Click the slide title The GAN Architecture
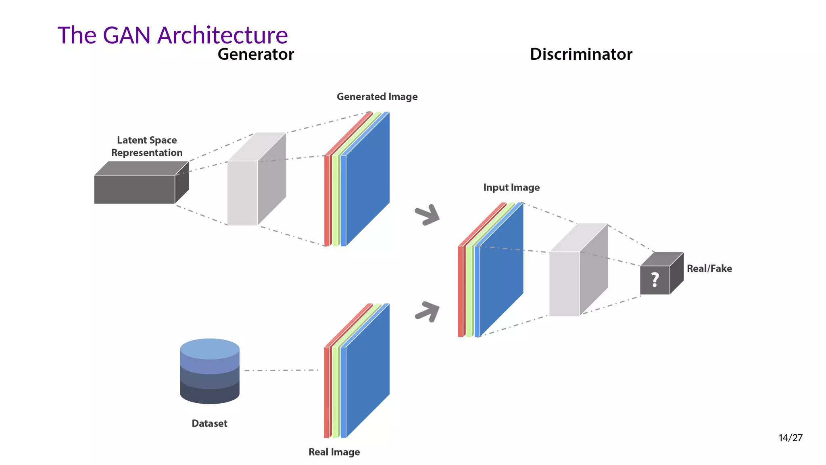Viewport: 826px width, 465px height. (173, 35)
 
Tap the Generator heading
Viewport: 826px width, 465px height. (256, 54)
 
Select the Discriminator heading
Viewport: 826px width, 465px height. (581, 54)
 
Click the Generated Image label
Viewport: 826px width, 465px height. (377, 97)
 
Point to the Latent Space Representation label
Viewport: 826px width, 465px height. (147, 147)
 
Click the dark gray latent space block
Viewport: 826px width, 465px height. (134, 189)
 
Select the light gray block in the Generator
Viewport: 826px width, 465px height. (242, 193)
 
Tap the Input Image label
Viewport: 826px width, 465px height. (511, 188)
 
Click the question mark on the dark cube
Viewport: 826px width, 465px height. (655, 280)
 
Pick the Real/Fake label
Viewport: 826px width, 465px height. (709, 269)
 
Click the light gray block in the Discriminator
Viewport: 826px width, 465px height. (564, 283)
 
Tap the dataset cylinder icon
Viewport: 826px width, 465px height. (210, 371)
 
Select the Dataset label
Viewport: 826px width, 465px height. (209, 423)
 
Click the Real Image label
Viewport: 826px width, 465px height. (334, 452)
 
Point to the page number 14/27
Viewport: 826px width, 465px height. (790, 438)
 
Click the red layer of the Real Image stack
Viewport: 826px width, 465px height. (327, 392)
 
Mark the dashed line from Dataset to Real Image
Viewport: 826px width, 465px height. (281, 370)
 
